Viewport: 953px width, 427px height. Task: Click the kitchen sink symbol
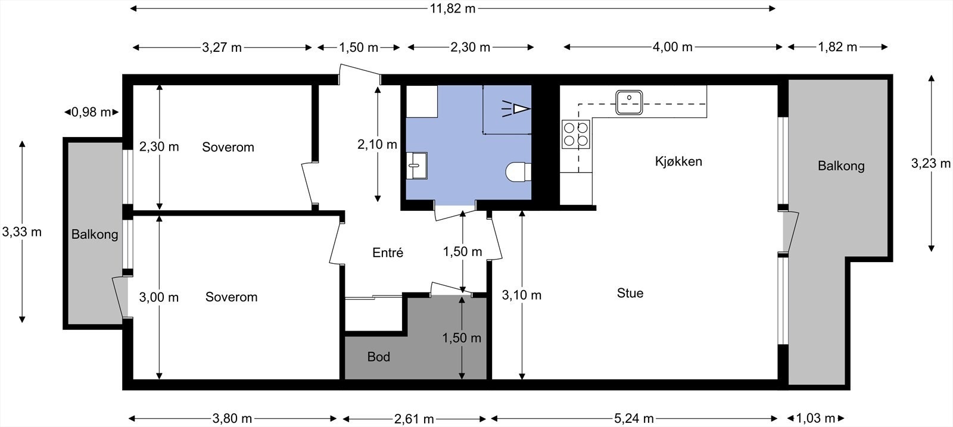[629, 102]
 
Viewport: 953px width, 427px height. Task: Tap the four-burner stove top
[575, 134]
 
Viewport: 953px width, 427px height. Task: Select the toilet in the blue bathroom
[519, 172]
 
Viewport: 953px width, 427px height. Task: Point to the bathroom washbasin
[416, 166]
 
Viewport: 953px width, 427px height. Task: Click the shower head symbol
[516, 109]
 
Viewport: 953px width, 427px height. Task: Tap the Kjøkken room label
[678, 161]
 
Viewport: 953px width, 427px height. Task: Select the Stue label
[630, 293]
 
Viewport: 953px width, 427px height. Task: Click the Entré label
[388, 253]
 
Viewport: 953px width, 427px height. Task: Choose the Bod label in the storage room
[379, 356]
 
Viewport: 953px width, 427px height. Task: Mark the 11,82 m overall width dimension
[452, 8]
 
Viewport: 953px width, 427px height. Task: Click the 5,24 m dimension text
[634, 419]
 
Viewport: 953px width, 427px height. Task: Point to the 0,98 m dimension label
[91, 113]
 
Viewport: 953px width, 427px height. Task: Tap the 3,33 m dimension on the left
[21, 232]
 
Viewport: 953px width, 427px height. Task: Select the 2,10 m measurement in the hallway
[378, 145]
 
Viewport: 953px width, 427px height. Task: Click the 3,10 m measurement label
[522, 295]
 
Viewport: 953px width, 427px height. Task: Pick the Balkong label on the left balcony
[95, 234]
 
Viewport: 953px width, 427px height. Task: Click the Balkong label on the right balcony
[841, 166]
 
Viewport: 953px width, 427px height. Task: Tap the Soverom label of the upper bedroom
[228, 147]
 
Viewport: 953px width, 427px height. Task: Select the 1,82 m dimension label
[837, 47]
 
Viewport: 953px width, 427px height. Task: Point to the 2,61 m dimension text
[414, 419]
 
